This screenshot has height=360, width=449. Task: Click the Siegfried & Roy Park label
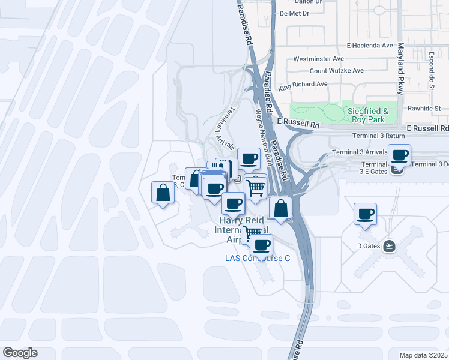coord(367,116)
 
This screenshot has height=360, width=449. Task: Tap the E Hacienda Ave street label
coord(370,46)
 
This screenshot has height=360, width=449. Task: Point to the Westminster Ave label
coord(318,59)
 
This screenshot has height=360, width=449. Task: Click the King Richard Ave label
coord(303,85)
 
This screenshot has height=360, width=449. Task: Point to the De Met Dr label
coord(294,13)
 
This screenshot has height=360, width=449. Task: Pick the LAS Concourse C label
coord(258,259)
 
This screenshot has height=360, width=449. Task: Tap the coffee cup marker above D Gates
coord(365,214)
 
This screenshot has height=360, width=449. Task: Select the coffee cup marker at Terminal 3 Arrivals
coord(399,155)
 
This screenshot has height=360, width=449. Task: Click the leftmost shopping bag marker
coord(163,192)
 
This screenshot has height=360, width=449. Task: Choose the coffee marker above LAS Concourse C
coord(262,244)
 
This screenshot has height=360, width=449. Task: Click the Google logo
coord(20,353)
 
